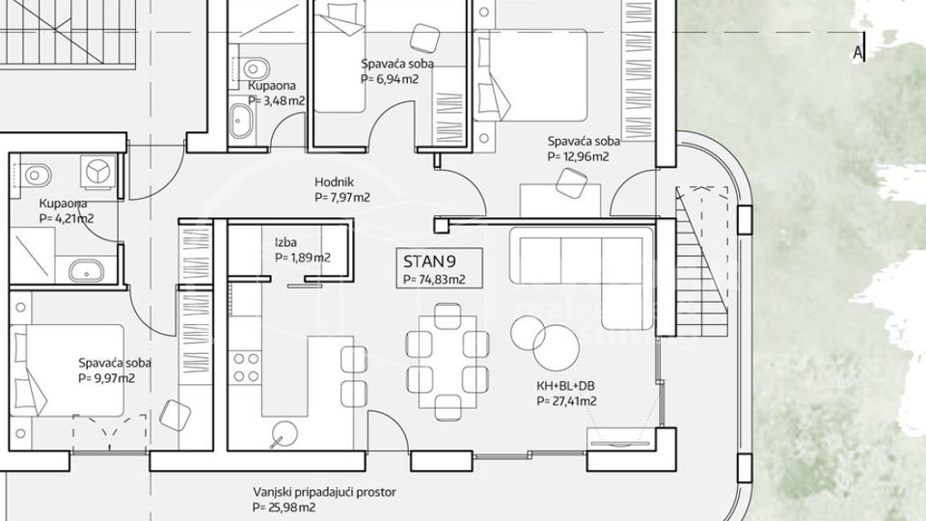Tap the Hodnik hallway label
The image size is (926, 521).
point(335,181)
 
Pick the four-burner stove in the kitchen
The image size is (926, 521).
point(246,367)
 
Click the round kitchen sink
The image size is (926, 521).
point(284,434)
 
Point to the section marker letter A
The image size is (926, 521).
point(857,53)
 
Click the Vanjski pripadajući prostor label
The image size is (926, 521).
point(324,492)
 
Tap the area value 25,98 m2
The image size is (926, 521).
point(286,507)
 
